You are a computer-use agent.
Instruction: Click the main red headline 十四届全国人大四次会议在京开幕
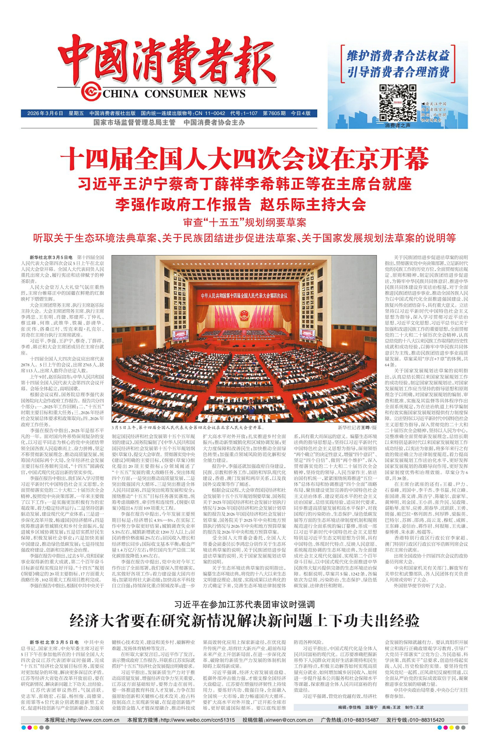click(244, 160)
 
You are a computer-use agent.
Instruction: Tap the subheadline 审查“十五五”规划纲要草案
click(244, 223)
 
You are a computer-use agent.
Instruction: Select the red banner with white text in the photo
click(244, 295)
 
